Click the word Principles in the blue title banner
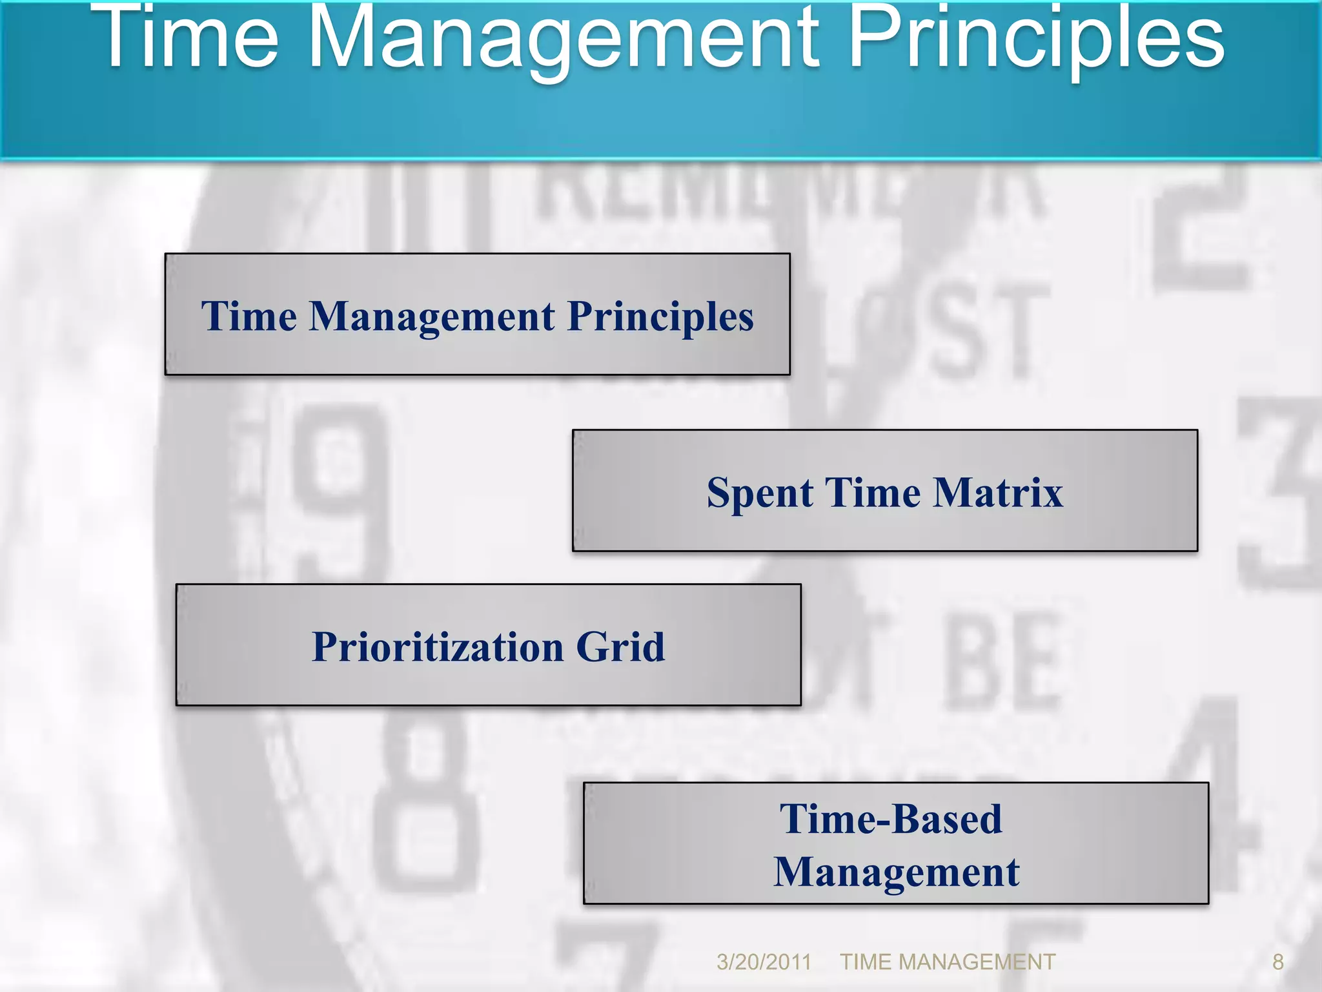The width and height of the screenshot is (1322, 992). tap(1036, 39)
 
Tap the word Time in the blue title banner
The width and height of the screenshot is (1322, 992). tap(191, 39)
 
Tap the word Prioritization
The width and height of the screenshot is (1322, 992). tap(438, 647)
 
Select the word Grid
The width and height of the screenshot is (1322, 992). tap(620, 647)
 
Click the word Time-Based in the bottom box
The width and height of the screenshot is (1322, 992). tap(891, 819)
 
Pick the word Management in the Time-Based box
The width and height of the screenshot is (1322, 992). tap(896, 872)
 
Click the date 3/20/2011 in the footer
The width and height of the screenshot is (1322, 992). tap(764, 962)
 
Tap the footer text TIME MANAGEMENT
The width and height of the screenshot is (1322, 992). tap(947, 962)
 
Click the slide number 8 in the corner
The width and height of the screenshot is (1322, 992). tap(1277, 962)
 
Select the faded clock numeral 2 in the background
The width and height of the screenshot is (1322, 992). tap(1201, 232)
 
